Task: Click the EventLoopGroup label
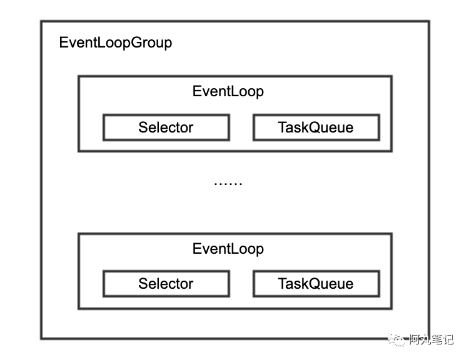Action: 115,43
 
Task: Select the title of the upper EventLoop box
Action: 228,91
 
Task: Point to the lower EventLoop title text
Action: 228,249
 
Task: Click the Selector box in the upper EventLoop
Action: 166,127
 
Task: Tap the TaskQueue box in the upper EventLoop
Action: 316,127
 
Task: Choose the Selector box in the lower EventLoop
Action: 166,284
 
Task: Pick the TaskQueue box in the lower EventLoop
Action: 316,284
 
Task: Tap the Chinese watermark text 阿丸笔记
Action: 431,339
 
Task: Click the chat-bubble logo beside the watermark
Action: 398,339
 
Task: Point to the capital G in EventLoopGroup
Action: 136,43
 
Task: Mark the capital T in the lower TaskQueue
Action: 282,284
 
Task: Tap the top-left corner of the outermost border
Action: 42,21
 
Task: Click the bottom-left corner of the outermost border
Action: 42,339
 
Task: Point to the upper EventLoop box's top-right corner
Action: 391,76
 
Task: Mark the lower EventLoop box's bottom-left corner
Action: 79,308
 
